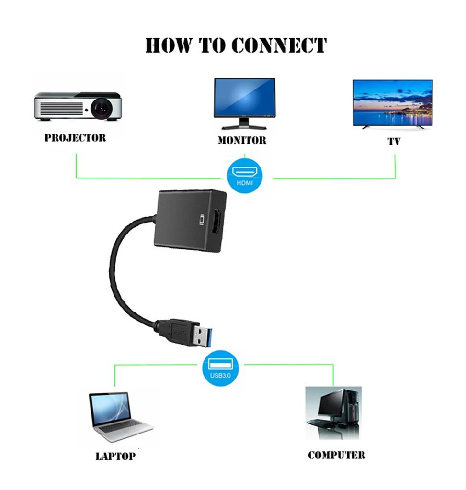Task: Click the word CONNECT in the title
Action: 279,45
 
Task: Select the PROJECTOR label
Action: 75,138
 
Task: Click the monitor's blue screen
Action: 244,97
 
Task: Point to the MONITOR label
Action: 242,140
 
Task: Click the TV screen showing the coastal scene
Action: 392,102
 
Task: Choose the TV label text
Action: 394,142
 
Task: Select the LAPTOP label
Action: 115,456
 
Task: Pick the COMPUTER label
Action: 336,455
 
